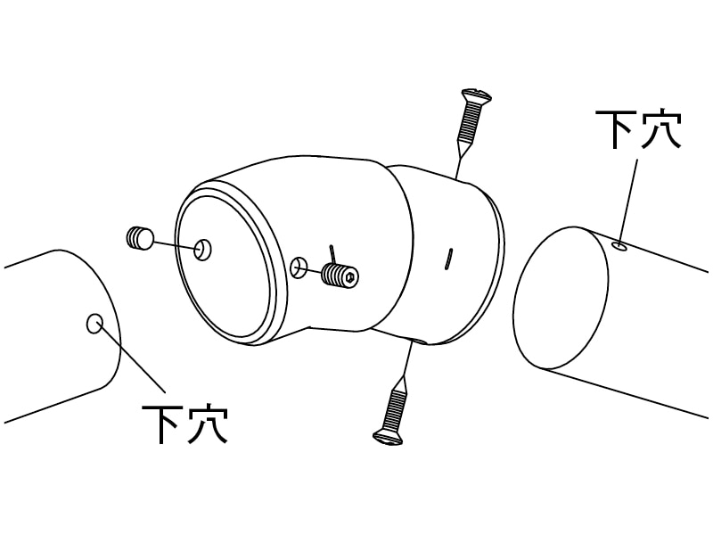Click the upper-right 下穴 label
638,128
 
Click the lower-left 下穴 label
184,424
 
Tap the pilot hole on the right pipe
619,247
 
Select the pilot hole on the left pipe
94,324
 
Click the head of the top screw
477,95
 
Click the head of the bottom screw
388,437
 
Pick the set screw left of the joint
139,238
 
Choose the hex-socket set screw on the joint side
340,275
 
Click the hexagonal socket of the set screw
350,276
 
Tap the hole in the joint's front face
203,250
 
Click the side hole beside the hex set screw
299,268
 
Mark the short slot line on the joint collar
448,259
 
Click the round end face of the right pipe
561,298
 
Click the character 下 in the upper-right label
616,128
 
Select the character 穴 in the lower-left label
208,424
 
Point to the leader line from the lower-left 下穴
131,358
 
